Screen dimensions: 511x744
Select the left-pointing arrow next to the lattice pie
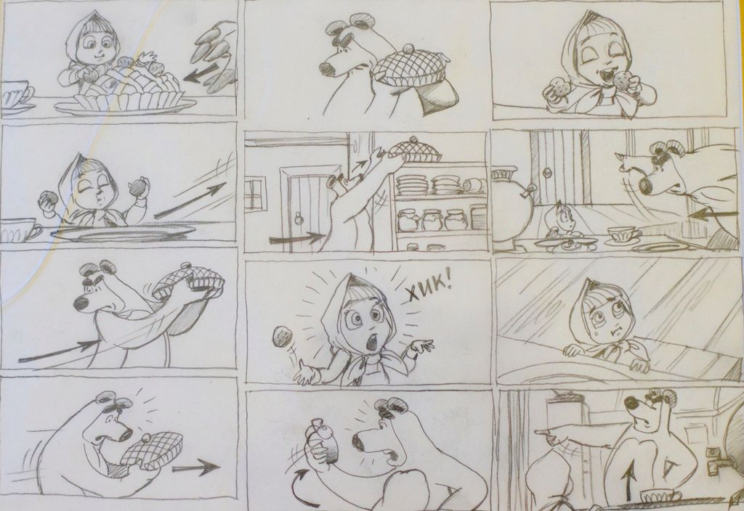coord(200,73)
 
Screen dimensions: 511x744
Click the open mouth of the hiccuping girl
coord(372,342)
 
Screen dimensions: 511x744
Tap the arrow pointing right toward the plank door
coord(296,237)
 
